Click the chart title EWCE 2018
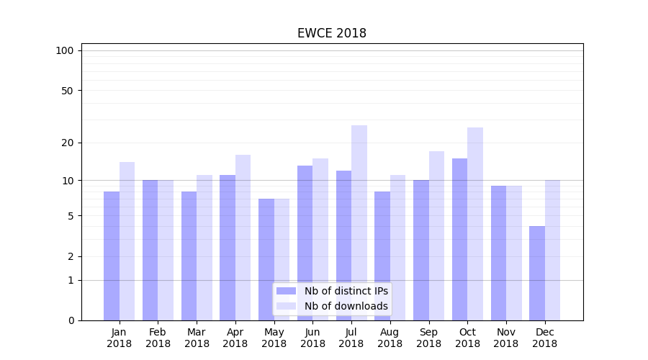tap(332, 34)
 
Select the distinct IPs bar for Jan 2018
tap(112, 256)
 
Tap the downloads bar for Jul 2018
tap(359, 222)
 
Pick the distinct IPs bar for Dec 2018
tap(537, 273)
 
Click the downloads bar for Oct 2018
tap(475, 224)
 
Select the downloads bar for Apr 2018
tap(243, 238)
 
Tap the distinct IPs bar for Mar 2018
tap(189, 256)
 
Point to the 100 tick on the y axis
tap(65, 50)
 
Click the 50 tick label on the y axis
tap(68, 91)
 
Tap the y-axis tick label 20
tap(68, 143)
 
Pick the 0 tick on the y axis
tap(71, 320)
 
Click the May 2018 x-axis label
tap(274, 338)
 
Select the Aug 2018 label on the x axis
tap(390, 338)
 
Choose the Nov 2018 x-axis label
tap(506, 338)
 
